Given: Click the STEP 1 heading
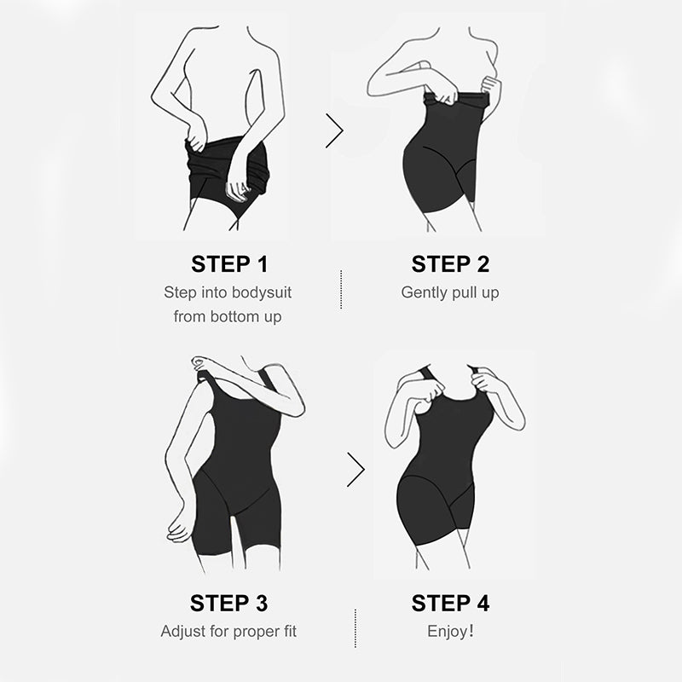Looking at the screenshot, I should pos(228,263).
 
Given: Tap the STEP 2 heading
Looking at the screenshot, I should pos(450,263).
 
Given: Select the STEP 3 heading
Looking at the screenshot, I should pos(228,604).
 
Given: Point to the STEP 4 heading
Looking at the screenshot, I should pos(450,604).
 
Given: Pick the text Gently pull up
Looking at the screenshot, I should pos(450,292).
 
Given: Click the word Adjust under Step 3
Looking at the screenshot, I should pos(182,632).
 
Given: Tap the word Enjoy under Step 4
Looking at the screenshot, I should pos(446,632).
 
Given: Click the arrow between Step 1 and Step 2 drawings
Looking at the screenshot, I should pos(334,130).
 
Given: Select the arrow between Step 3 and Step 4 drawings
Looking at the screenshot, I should pos(355,469).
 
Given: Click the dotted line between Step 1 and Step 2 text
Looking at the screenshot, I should pos(341,289).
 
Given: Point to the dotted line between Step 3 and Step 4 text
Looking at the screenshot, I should pos(355,629).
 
